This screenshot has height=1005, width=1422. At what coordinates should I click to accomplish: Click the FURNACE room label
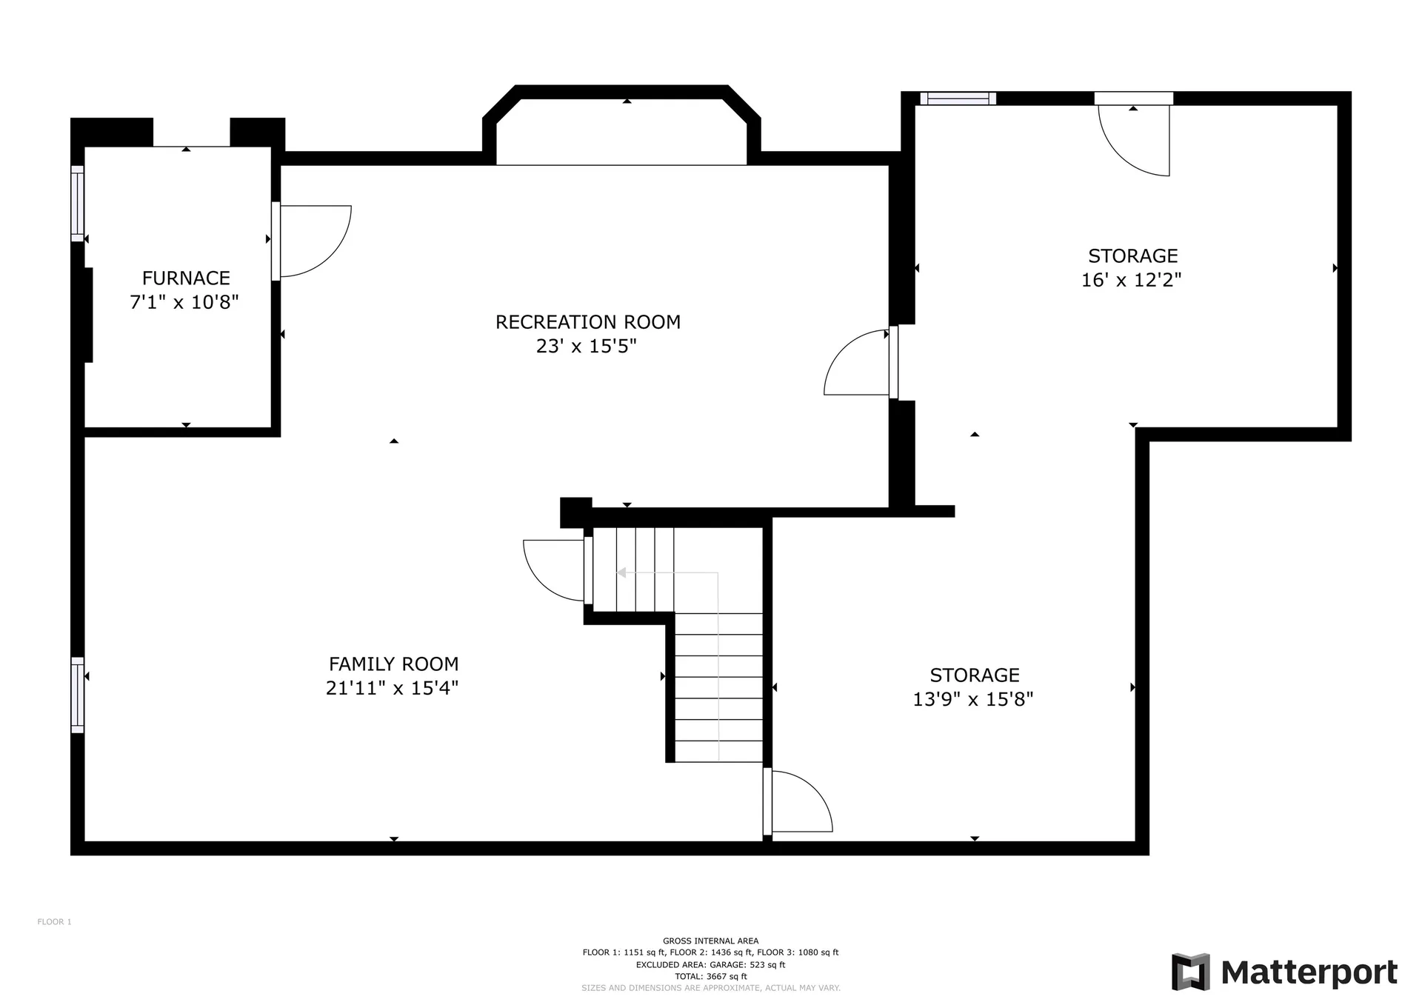(x=186, y=278)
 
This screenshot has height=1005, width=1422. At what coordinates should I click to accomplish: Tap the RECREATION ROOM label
(x=588, y=322)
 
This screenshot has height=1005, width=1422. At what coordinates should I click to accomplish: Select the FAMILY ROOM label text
(x=394, y=664)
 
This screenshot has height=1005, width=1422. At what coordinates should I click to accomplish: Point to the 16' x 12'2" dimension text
(x=1132, y=280)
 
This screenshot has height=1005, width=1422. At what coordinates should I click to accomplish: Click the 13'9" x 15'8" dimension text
(x=973, y=699)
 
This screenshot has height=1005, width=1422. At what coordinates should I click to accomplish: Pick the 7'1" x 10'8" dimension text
(x=184, y=302)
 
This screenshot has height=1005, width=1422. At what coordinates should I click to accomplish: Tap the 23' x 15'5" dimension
(x=587, y=346)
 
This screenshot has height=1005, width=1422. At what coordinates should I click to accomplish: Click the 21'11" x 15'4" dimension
(x=393, y=688)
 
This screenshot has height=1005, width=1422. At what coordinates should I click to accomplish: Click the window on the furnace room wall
(x=78, y=203)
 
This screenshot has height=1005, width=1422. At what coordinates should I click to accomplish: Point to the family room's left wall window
(x=78, y=695)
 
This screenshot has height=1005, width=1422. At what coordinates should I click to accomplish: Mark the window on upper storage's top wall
(x=958, y=99)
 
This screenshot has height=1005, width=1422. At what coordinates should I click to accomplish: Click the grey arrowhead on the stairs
(x=621, y=572)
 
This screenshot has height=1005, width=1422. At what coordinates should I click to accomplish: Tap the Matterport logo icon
(x=1190, y=972)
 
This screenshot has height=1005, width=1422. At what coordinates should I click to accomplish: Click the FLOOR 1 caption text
(x=55, y=922)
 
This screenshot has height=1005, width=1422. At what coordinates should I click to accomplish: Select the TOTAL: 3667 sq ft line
(x=711, y=977)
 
